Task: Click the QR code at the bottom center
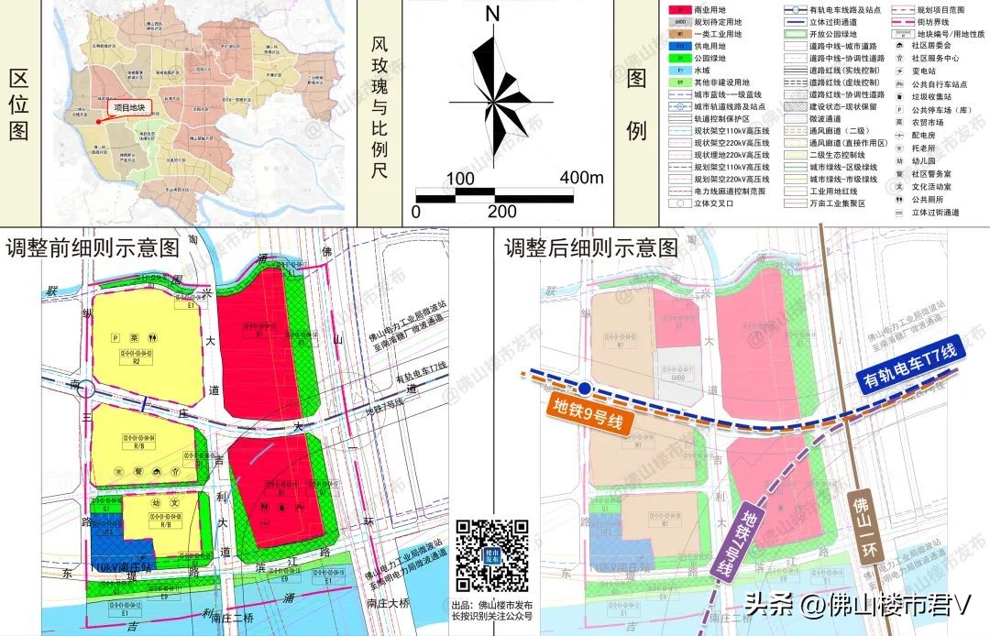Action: pyautogui.click(x=492, y=555)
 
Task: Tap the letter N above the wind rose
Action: pyautogui.click(x=492, y=14)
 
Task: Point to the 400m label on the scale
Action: pyautogui.click(x=581, y=177)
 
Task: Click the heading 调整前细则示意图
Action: pyautogui.click(x=93, y=248)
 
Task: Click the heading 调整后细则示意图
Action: pyautogui.click(x=591, y=248)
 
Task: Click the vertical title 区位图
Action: pyautogui.click(x=17, y=105)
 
